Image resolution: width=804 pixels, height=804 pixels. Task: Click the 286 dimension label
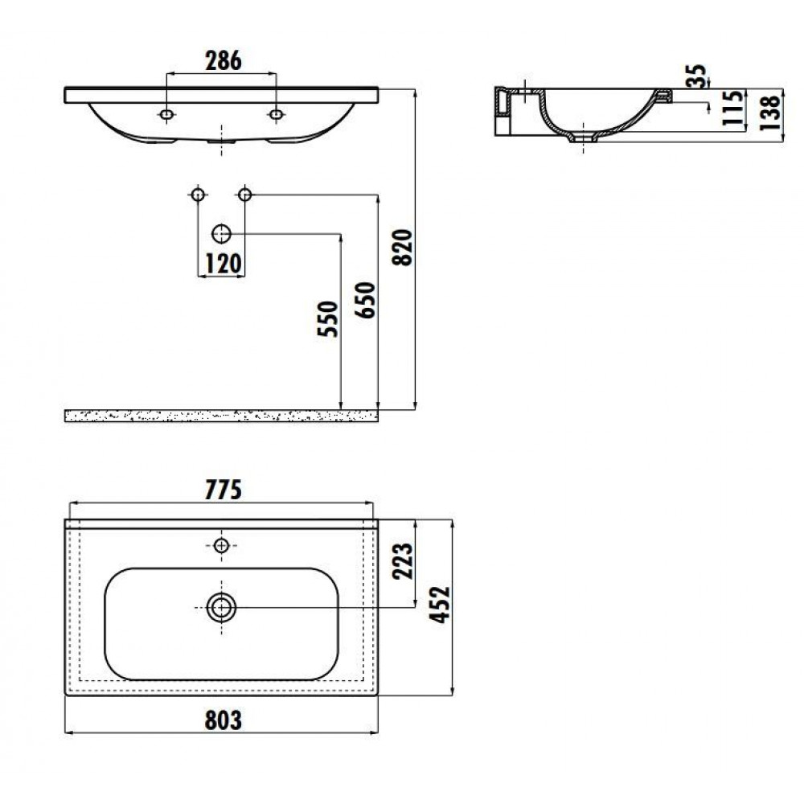[223, 61]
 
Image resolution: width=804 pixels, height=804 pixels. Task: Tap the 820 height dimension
[403, 248]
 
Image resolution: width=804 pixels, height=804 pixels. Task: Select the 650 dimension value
[366, 300]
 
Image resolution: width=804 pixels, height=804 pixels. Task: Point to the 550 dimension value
[328, 319]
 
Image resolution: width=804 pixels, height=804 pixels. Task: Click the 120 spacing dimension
[224, 265]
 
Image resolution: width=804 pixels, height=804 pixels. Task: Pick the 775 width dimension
[223, 490]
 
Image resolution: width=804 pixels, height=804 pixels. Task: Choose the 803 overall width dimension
[223, 720]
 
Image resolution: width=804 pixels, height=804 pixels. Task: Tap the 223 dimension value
[403, 561]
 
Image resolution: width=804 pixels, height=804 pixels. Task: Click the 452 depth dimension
[440, 605]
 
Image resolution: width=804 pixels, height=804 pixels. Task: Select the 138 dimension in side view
[770, 112]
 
